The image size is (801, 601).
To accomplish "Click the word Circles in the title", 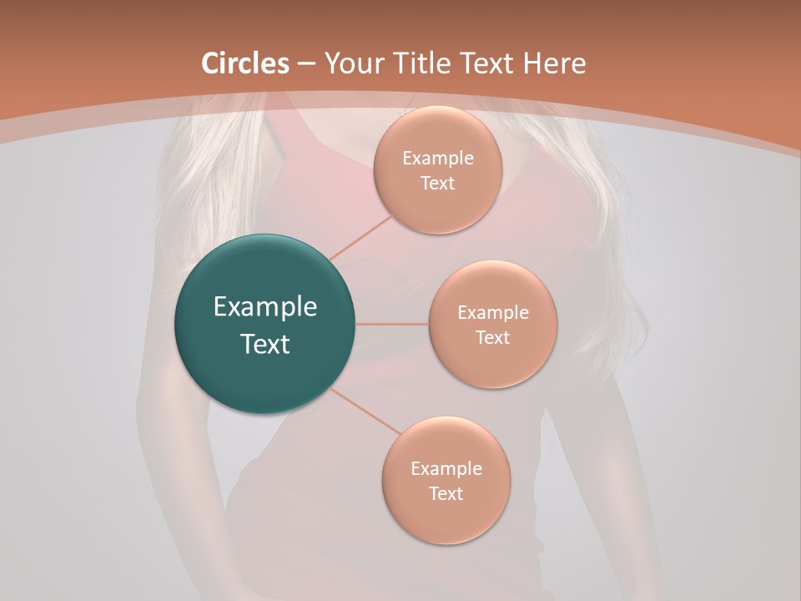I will click(245, 63).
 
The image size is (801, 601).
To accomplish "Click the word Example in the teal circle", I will click(265, 307).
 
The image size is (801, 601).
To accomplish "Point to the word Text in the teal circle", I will click(265, 344).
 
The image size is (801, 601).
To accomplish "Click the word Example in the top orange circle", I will click(438, 159).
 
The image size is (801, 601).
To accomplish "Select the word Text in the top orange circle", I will click(438, 184).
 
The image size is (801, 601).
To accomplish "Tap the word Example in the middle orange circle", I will click(493, 313).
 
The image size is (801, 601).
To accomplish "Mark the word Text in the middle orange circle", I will click(493, 338).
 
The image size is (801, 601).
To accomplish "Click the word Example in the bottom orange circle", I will click(446, 469).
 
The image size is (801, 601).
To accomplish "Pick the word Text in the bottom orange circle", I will click(446, 494).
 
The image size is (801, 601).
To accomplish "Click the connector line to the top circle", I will click(360, 236).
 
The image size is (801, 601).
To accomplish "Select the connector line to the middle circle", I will click(392, 324).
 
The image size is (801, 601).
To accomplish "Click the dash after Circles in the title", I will click(305, 64).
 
